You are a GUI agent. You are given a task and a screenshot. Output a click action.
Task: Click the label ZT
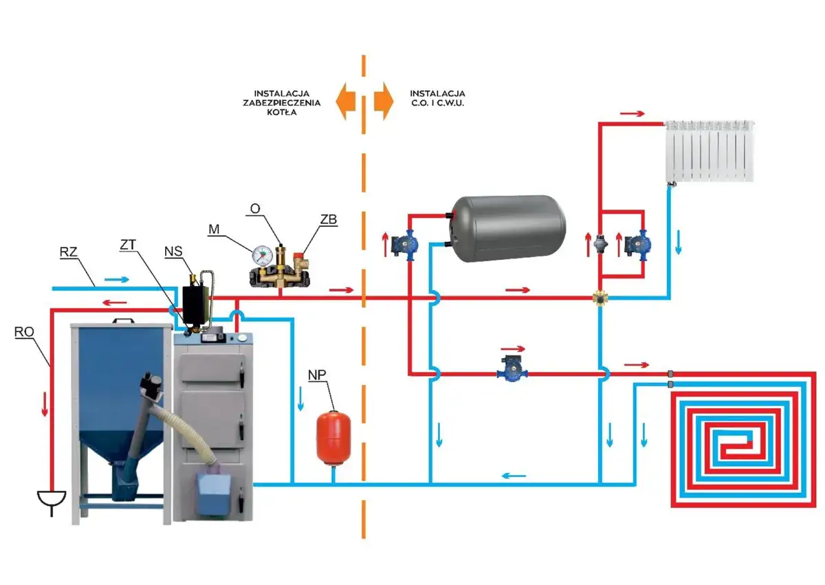coord(129,245)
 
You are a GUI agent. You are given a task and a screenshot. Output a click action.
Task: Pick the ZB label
coord(328,219)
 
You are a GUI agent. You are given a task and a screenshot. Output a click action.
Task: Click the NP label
coord(318,375)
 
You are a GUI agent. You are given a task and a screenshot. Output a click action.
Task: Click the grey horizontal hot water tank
coord(509,228)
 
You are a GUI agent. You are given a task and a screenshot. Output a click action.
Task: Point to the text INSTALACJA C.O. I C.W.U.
coord(437,97)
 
